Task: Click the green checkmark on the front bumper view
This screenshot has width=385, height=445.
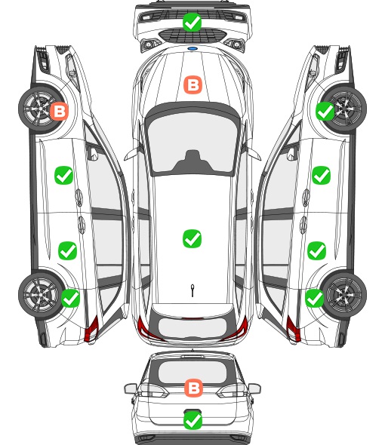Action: [192, 22]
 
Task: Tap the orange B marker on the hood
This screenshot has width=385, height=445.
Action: [193, 84]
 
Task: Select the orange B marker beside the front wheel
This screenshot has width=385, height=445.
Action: [60, 111]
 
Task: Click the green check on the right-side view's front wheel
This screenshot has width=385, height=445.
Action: [325, 112]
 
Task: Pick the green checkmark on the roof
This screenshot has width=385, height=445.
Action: [192, 238]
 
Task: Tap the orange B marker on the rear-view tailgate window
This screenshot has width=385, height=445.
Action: [193, 388]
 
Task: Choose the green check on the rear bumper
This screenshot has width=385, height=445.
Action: [193, 420]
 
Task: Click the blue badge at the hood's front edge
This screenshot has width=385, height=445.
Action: [192, 49]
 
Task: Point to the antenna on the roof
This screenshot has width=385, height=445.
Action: [192, 290]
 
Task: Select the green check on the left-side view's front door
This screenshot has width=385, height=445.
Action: [63, 176]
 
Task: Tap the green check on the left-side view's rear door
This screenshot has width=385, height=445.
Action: [68, 250]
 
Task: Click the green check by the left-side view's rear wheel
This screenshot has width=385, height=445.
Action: [70, 298]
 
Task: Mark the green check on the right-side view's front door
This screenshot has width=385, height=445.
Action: [321, 176]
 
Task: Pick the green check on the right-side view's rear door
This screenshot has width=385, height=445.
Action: [317, 250]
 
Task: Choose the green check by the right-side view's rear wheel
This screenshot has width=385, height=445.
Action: [314, 298]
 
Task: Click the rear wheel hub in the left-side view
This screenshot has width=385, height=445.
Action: [41, 295]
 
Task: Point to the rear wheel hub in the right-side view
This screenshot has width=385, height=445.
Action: [344, 295]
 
